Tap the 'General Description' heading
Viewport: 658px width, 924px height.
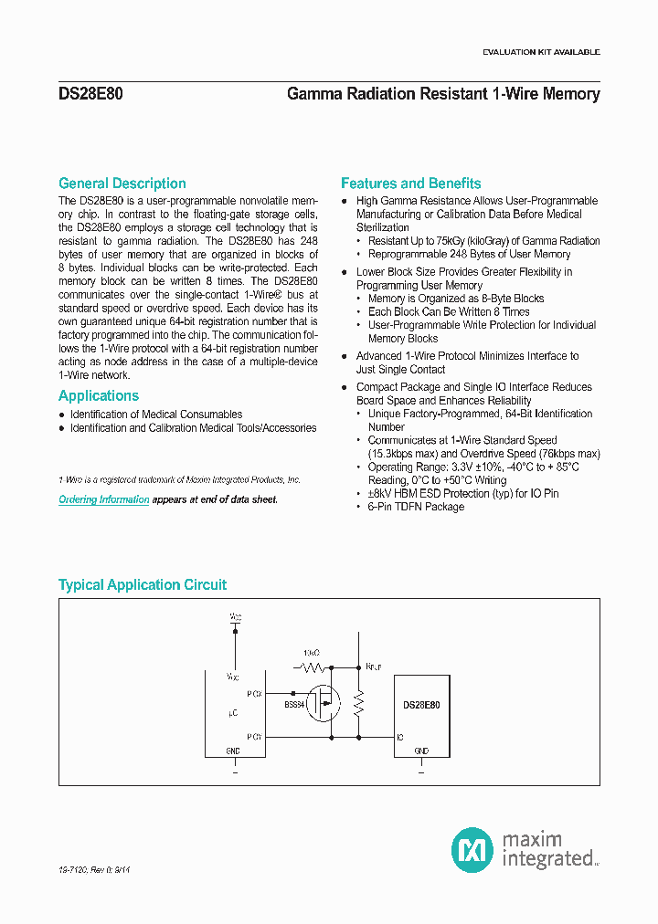tap(122, 184)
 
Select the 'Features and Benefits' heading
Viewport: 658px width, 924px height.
tap(411, 184)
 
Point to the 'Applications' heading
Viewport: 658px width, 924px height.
tap(99, 396)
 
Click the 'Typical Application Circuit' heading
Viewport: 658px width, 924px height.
tap(143, 585)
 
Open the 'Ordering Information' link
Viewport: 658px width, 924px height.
tap(104, 500)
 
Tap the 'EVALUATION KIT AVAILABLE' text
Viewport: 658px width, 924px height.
tap(541, 52)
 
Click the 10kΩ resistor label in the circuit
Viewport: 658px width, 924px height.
tap(312, 654)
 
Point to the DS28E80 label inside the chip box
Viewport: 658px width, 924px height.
tap(421, 705)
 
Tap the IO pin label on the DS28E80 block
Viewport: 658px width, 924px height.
tap(400, 737)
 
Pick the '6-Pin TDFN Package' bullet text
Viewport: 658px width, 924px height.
tap(416, 507)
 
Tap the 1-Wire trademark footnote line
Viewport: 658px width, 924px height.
tap(179, 479)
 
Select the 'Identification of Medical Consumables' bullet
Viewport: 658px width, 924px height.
tap(156, 415)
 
